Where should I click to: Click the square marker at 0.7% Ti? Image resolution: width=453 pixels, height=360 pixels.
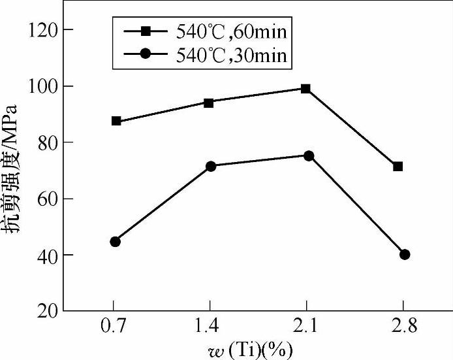tap(116, 121)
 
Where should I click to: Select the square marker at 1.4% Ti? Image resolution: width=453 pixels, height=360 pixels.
tap(209, 103)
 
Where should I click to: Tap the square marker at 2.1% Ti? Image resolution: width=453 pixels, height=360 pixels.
tap(305, 88)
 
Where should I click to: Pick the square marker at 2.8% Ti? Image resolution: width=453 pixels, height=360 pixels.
tap(398, 167)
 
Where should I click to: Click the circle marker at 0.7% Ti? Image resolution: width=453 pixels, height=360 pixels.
tap(116, 242)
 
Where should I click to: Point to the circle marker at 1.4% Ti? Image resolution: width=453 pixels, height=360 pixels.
tap(211, 167)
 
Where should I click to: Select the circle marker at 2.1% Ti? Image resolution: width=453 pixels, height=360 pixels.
tap(309, 155)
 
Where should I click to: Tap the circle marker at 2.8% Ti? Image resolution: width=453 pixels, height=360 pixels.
tap(405, 255)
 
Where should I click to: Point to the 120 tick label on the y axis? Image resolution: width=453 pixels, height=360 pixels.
tap(44, 30)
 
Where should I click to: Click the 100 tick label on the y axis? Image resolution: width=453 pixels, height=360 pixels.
tap(44, 86)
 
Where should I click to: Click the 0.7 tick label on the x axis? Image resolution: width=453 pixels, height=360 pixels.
tap(114, 326)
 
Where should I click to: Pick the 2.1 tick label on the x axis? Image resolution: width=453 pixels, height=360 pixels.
tap(306, 326)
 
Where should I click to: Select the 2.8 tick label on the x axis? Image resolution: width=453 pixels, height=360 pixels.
tap(403, 326)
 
